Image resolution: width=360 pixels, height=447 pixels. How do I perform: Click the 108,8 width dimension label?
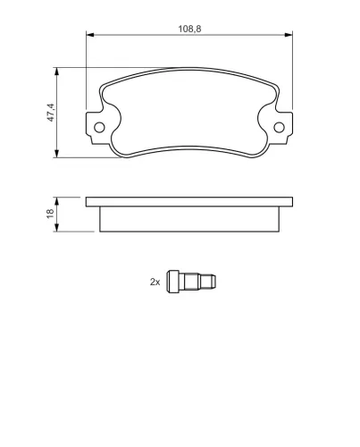click(189, 29)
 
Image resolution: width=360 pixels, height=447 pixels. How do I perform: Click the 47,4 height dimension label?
click(51, 113)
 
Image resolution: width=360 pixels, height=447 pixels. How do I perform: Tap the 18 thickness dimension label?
click(50, 214)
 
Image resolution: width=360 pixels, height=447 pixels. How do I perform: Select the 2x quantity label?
click(155, 282)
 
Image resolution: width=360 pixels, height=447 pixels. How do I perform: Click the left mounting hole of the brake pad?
click(99, 128)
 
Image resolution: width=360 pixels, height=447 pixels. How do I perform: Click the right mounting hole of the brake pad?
click(279, 128)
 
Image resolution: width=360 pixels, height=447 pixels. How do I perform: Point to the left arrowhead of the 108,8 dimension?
click(90, 35)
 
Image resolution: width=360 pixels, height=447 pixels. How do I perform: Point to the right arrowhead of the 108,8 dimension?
click(289, 35)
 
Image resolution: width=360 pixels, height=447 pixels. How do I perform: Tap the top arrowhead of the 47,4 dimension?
click(56, 72)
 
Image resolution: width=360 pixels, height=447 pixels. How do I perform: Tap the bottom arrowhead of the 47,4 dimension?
click(56, 154)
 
